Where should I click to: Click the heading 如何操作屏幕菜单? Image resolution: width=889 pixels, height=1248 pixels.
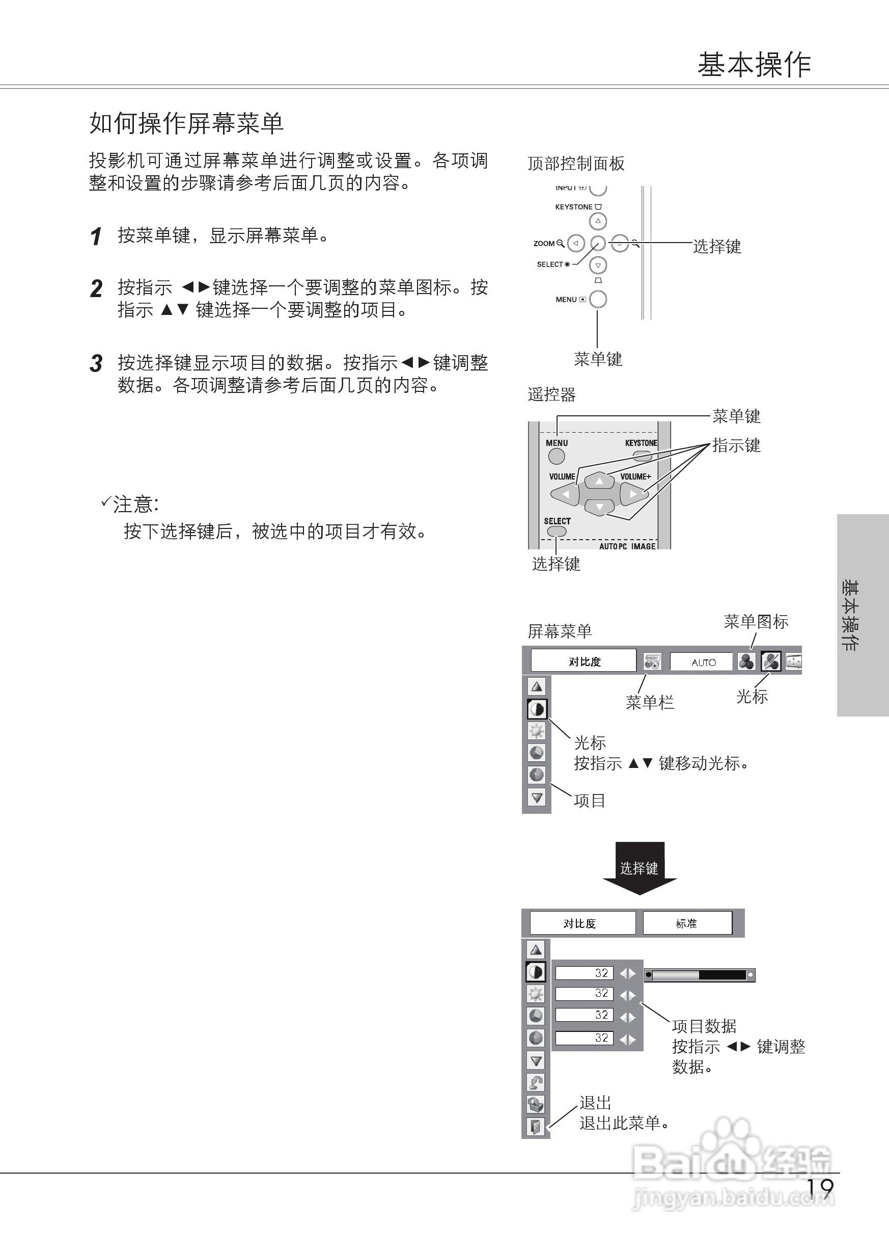point(186,123)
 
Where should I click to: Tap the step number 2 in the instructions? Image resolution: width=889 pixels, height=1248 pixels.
point(96,289)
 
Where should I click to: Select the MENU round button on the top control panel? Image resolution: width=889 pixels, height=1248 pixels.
point(598,299)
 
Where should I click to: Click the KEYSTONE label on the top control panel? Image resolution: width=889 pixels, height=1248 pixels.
point(573,207)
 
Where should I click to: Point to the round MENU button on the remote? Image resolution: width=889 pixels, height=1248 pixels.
point(556,456)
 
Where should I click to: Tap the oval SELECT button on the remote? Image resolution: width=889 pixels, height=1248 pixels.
point(557,531)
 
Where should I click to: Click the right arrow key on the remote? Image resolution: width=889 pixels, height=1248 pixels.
point(633,494)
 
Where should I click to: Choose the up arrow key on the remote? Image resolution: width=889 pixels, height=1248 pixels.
point(599,481)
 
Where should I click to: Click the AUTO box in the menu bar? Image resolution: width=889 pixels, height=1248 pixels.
point(702,662)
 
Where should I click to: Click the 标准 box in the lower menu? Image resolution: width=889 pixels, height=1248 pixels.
point(687,923)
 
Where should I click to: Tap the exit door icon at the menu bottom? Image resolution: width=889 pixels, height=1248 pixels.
point(535,1126)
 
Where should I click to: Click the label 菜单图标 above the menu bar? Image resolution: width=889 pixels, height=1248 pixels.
point(756,621)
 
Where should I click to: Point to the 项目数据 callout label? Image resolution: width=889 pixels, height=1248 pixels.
point(704,1026)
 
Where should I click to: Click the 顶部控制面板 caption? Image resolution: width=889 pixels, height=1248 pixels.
point(575,163)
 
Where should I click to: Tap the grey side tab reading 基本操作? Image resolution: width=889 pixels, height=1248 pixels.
point(862,615)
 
